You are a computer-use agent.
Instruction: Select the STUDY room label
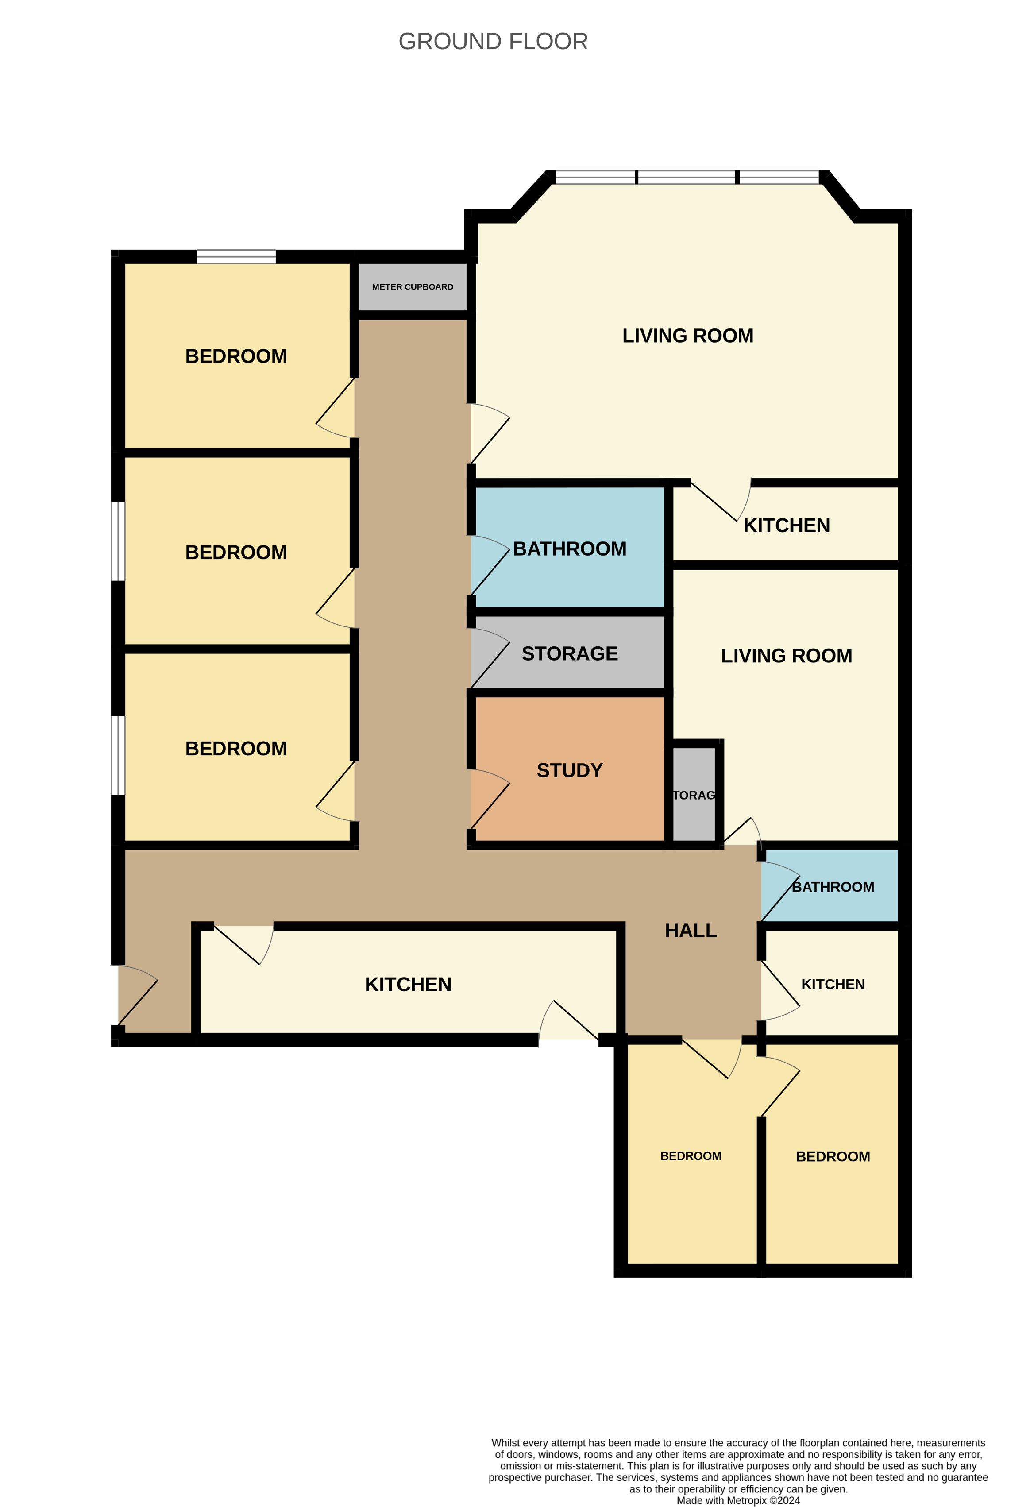569,770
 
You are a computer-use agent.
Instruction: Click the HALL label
691,931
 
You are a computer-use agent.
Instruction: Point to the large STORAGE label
569,653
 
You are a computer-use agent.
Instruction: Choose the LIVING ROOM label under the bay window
688,336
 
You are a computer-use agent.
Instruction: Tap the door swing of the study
490,799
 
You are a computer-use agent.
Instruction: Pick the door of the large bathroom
490,565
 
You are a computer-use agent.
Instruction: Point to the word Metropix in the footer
747,1500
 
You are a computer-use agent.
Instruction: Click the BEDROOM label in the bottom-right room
833,1156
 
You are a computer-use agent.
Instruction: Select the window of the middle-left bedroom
118,541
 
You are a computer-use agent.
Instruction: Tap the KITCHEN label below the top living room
787,525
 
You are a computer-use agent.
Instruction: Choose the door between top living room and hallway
490,433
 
